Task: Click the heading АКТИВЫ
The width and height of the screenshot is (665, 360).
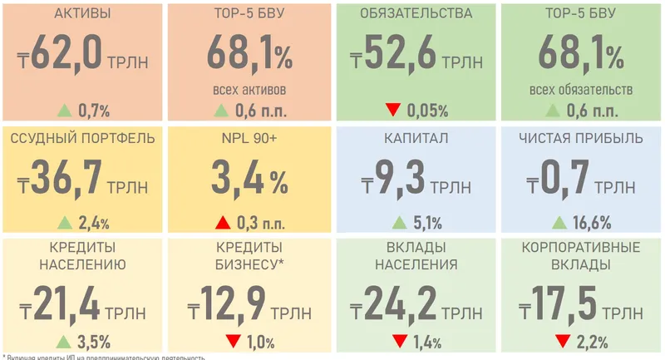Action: (x=81, y=14)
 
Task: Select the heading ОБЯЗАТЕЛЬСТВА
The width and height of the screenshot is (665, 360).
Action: (x=416, y=14)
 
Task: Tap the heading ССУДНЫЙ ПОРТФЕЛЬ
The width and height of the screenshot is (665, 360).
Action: (x=82, y=137)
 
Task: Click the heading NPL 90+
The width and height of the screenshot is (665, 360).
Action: (x=249, y=137)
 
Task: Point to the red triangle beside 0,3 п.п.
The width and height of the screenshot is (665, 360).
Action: (x=222, y=222)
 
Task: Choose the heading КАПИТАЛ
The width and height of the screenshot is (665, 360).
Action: (x=416, y=137)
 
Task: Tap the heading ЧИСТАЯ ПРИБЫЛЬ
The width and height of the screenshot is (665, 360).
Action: (x=580, y=137)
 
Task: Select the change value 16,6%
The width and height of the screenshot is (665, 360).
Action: (x=591, y=222)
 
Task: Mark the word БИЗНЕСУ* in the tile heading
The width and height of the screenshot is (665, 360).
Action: (x=249, y=265)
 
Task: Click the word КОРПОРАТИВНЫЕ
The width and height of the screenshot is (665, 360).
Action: (x=581, y=249)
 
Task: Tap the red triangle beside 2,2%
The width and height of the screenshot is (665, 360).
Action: (x=563, y=340)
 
